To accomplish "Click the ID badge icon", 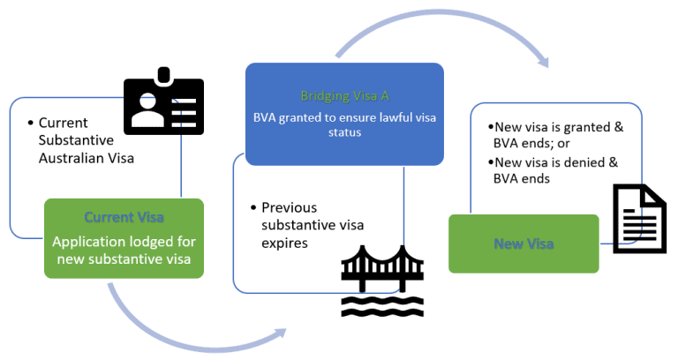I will pos(163,105).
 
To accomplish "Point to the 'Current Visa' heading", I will pos(124,217).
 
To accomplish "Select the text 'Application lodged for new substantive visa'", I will pos(124,251).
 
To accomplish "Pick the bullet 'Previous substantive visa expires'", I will pos(309,224).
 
